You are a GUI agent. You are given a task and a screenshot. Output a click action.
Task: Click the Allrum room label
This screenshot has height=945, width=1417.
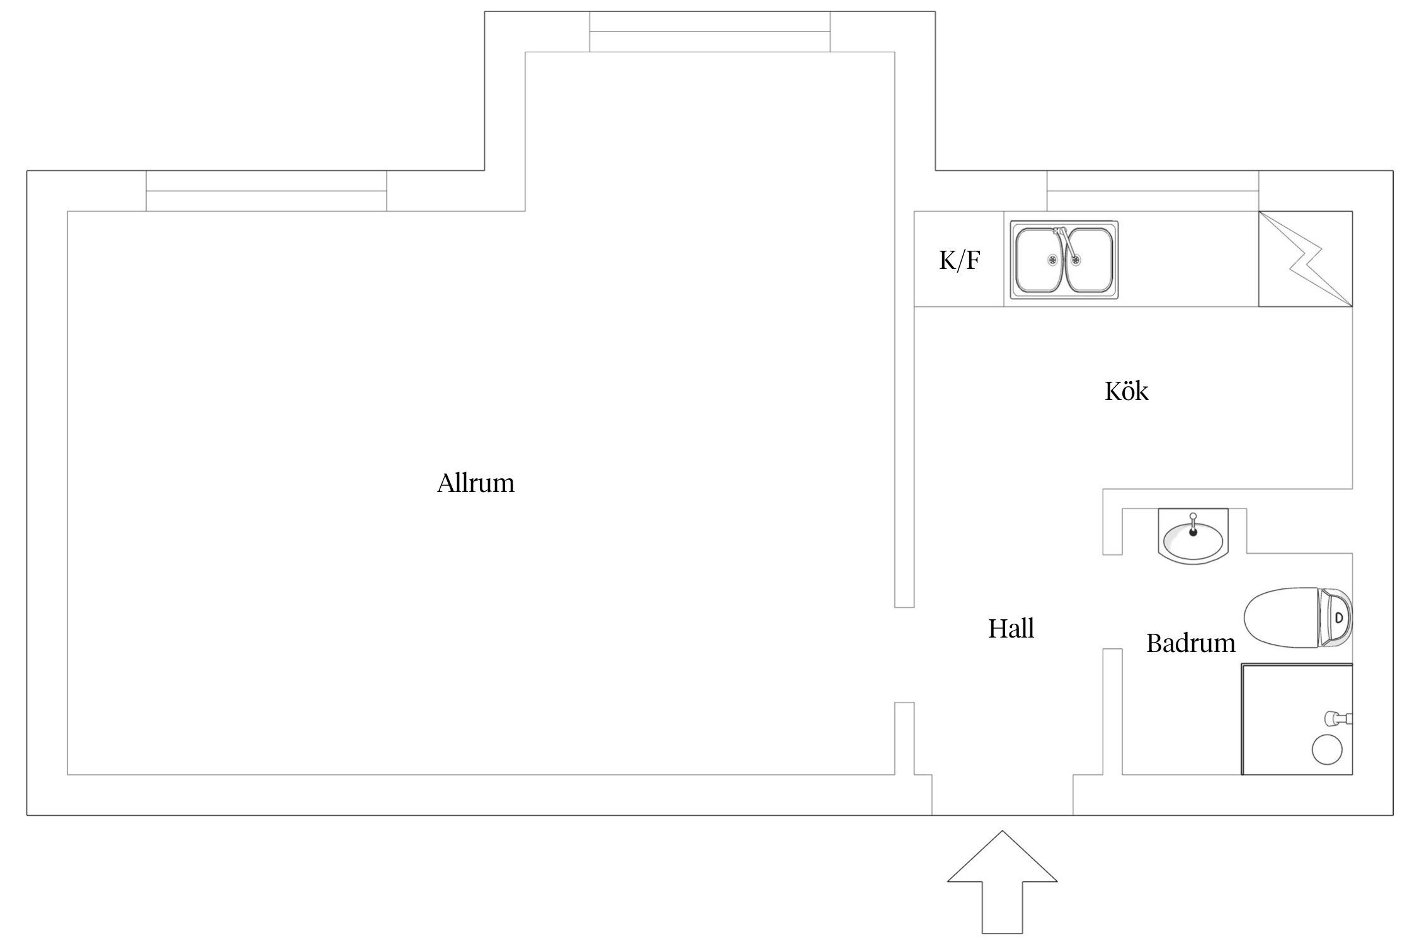point(475,483)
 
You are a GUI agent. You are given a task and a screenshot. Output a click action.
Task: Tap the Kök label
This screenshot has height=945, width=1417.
point(1126,391)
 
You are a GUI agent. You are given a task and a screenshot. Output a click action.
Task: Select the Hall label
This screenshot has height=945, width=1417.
point(1011,629)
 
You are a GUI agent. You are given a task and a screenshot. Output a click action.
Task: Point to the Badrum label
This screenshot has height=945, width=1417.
point(1190,643)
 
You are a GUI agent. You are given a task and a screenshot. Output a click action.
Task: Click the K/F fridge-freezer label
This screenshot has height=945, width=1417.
point(959,260)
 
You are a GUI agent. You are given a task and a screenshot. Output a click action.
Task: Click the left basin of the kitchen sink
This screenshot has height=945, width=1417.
point(1039,260)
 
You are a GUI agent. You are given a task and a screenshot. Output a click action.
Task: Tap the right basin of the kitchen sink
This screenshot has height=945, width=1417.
point(1090,260)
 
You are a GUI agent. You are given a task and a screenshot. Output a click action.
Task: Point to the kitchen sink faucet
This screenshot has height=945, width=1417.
point(1064,243)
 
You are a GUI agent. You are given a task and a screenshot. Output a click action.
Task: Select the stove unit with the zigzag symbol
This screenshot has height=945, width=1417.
point(1305,259)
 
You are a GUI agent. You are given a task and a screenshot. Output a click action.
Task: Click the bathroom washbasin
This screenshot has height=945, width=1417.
point(1193,539)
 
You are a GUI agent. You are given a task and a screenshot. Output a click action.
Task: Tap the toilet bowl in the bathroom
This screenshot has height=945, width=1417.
point(1282,617)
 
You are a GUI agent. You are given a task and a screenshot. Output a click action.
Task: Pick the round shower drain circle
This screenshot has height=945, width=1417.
point(1326,750)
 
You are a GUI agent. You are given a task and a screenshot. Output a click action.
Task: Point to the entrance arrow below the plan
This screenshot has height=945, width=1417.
point(1002,888)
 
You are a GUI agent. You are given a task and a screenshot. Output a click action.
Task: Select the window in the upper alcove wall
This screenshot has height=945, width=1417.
point(710,31)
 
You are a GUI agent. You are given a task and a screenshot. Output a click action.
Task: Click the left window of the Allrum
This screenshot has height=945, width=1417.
point(266,191)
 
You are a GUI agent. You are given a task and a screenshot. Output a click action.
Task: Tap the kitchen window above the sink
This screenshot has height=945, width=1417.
point(1152,191)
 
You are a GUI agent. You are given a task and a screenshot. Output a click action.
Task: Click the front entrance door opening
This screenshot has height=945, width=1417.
point(1002,795)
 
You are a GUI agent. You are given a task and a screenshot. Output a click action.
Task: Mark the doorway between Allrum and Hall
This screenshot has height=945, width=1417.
point(904,655)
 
